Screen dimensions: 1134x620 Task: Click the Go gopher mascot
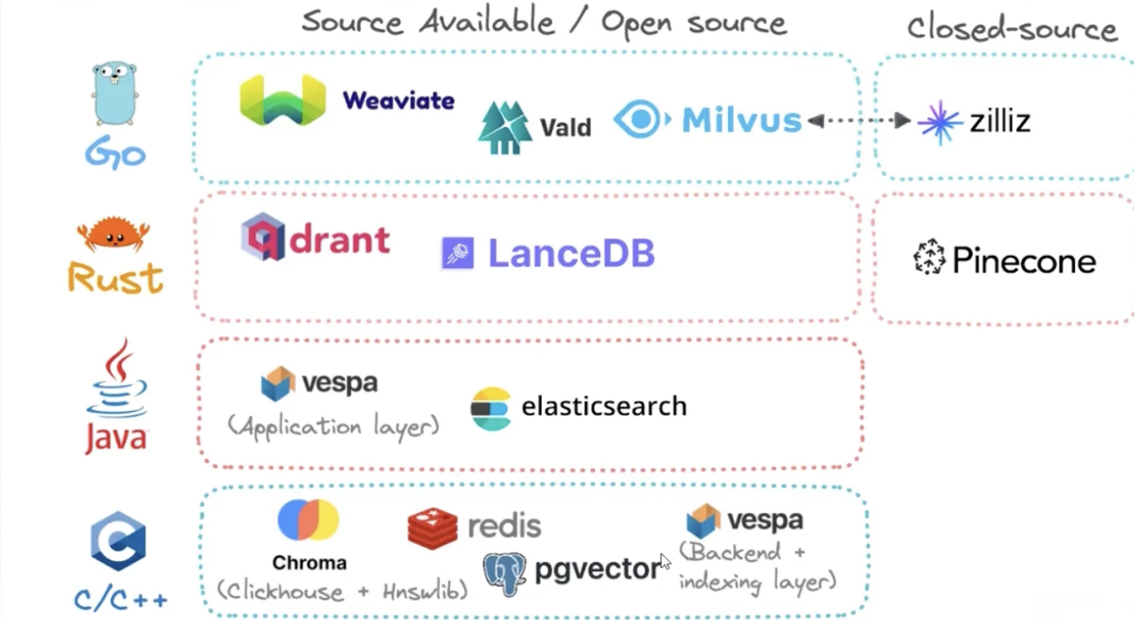coord(115,94)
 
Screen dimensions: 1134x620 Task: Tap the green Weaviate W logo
coord(282,100)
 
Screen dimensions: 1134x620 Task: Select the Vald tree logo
coord(505,127)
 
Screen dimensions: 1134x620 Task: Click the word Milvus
coord(742,120)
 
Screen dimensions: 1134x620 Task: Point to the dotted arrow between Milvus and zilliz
coord(859,120)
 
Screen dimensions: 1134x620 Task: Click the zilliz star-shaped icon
coord(940,123)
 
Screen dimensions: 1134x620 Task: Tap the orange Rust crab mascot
coord(113,234)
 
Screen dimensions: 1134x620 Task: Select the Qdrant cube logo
coord(262,236)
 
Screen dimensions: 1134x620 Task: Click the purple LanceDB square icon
coord(457,253)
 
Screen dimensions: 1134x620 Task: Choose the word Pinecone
coord(1024,261)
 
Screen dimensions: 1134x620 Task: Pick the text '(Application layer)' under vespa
coord(333,427)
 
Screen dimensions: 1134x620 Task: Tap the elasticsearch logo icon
coord(490,409)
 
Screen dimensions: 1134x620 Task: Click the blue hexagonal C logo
coord(118,541)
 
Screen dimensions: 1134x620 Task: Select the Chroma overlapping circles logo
coord(308,520)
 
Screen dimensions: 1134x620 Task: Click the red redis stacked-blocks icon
coord(432,529)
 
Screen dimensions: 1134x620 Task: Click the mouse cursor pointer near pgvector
coord(665,562)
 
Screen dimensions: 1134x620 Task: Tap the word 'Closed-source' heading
coord(1011,29)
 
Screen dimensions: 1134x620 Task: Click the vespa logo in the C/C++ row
coord(703,521)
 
